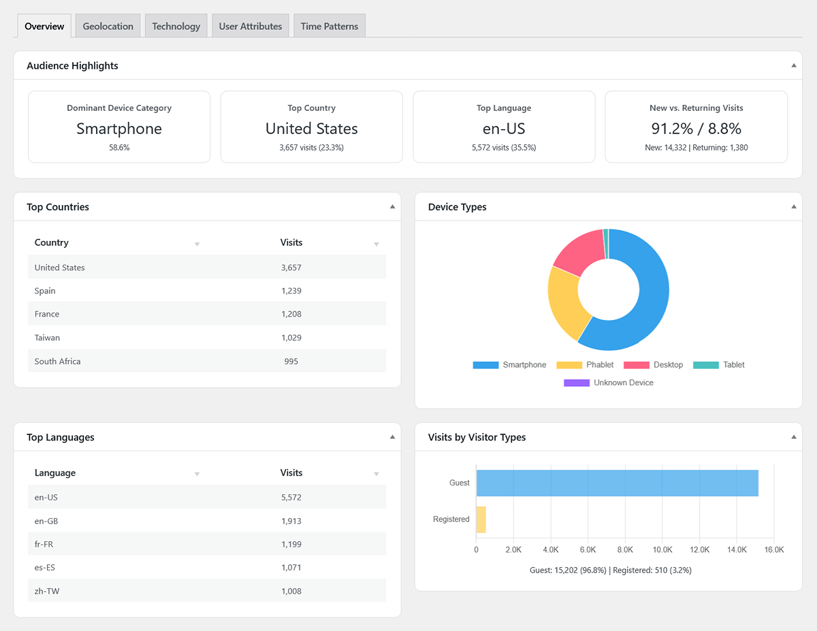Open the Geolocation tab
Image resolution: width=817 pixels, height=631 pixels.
(108, 26)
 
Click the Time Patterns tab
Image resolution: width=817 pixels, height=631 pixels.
(329, 26)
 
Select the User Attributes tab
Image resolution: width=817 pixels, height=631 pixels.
(250, 26)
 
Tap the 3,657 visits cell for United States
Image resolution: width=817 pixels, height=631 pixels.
(291, 268)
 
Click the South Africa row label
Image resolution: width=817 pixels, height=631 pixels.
(58, 361)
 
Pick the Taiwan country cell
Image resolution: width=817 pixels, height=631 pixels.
(47, 338)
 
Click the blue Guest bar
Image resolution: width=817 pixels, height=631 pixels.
(617, 483)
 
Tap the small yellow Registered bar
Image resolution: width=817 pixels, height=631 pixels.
(481, 519)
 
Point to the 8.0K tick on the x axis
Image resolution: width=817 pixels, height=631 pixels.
(625, 549)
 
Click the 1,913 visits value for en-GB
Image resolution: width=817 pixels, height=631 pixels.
(291, 521)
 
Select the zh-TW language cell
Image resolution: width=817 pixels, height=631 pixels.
(47, 591)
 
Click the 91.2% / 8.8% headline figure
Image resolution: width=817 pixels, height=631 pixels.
(696, 129)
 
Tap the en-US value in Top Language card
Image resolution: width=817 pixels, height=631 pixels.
(504, 129)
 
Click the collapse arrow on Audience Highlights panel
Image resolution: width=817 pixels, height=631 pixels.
(793, 65)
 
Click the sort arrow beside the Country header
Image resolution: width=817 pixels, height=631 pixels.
(197, 244)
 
